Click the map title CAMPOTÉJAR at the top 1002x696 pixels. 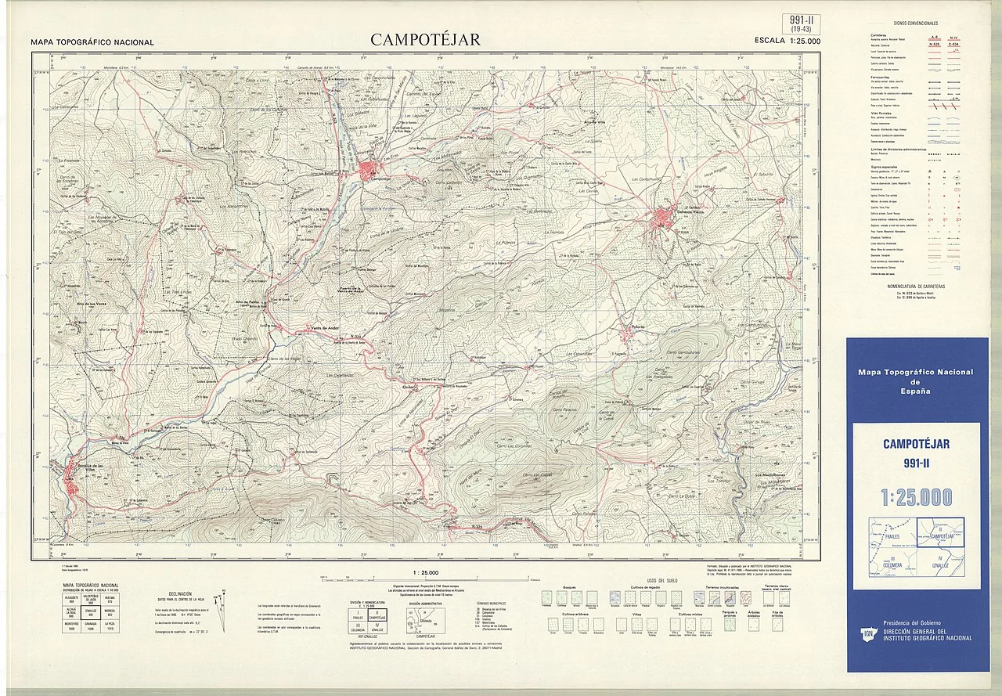(426, 39)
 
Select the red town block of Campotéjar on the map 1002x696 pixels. (368, 170)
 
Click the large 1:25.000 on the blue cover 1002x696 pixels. (916, 496)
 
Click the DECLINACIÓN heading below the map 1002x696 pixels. (179, 593)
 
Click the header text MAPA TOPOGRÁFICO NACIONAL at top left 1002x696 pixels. (92, 42)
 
